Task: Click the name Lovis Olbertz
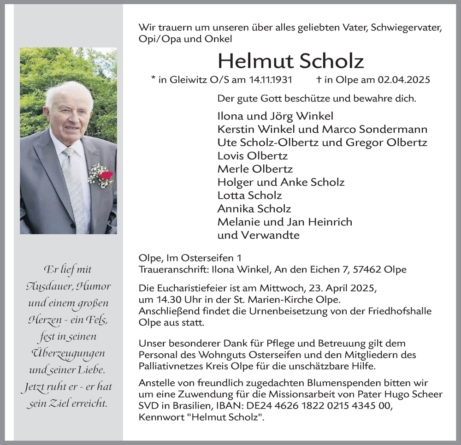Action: coord(253,155)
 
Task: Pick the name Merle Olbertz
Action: coord(255,169)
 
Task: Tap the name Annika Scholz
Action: coord(254,209)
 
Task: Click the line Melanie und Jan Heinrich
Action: coord(284,222)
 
